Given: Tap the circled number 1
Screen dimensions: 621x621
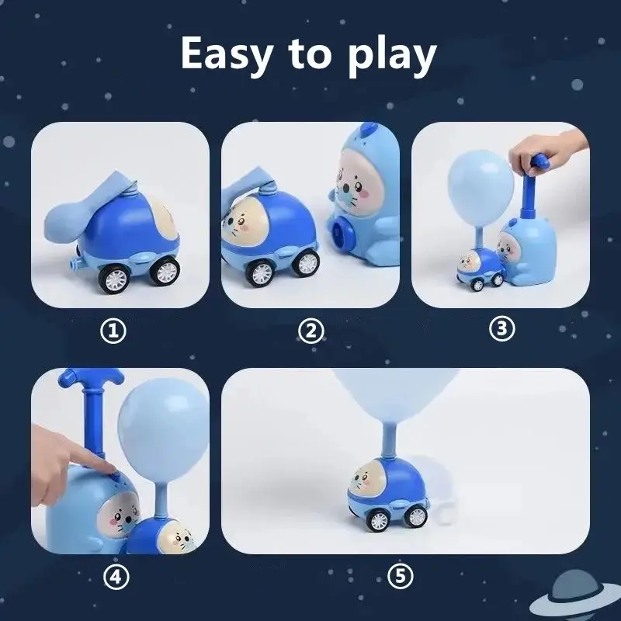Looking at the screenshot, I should pos(115,331).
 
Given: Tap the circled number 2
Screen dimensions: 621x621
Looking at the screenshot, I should pos(310,331).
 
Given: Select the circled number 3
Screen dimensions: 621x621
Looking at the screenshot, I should pos(501,329).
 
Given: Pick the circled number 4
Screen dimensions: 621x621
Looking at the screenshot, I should pos(115,577).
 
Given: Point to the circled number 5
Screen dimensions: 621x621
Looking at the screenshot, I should pos(400,577).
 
